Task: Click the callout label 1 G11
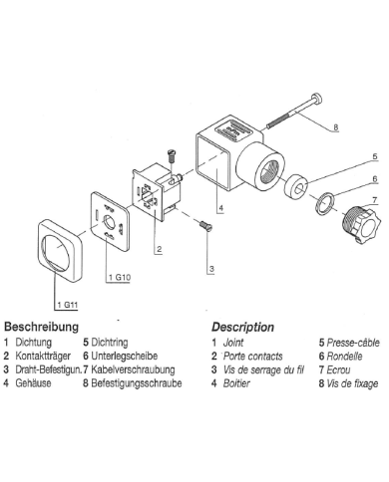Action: point(68,305)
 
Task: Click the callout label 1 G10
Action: point(120,277)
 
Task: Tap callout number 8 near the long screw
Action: point(336,126)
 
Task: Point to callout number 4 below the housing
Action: point(221,208)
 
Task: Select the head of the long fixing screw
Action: point(317,99)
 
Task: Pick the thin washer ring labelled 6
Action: point(324,204)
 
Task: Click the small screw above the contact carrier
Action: point(172,155)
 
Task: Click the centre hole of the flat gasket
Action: point(109,220)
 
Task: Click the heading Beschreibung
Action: point(42,327)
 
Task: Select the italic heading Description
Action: point(243,327)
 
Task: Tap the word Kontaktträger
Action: point(43,356)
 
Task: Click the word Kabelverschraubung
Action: point(133,369)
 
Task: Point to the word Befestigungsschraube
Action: point(137,383)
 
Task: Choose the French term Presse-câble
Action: point(353,343)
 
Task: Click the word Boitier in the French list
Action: point(236,383)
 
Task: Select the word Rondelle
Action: point(344,357)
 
